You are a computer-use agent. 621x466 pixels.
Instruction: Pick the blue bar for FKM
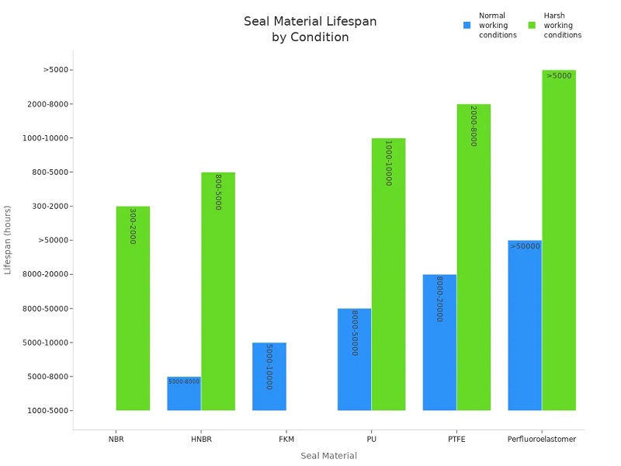point(269,377)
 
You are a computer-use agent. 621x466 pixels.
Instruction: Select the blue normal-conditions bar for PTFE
point(439,343)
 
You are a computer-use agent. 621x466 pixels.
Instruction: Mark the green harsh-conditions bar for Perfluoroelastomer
point(559,240)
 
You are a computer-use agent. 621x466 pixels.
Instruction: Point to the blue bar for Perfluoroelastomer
point(525,325)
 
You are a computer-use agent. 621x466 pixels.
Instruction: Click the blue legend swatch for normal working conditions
point(467,25)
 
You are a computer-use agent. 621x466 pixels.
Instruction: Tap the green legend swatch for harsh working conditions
point(532,25)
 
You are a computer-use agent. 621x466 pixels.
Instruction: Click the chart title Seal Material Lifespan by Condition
point(310,30)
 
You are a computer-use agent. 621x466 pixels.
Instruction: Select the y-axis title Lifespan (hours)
point(9,240)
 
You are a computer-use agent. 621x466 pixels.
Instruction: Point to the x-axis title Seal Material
point(328,456)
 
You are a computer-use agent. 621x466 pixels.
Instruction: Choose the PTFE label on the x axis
point(456,440)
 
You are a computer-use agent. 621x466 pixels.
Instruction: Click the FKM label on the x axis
point(286,440)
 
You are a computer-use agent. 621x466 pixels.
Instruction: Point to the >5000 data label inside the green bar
point(559,76)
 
